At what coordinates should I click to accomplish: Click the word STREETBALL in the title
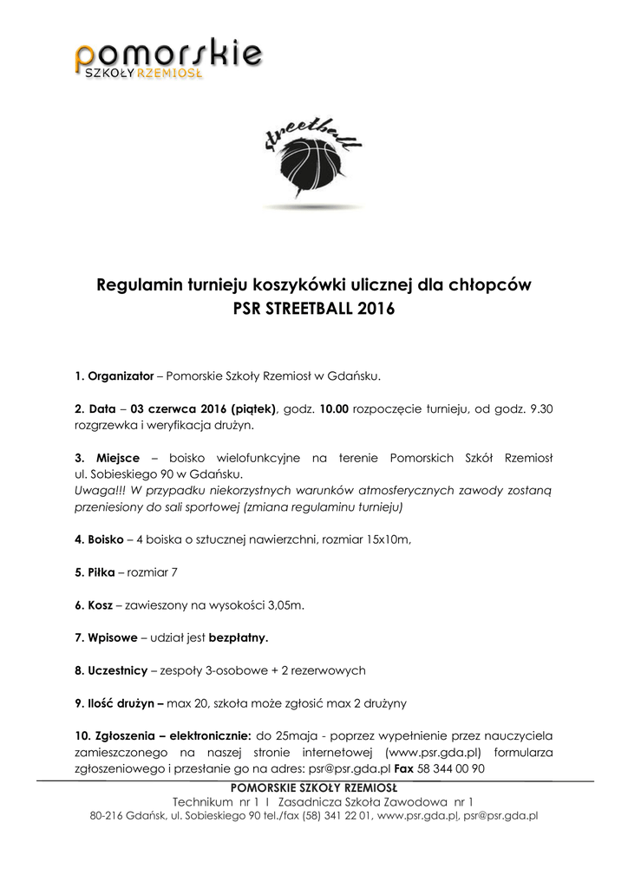click(x=305, y=308)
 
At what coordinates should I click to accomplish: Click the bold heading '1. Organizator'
click(x=114, y=376)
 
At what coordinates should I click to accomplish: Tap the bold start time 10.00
click(x=334, y=408)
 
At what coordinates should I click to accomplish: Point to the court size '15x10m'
click(x=388, y=539)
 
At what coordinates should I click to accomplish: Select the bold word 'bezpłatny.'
click(x=239, y=637)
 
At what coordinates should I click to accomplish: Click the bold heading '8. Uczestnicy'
click(x=110, y=669)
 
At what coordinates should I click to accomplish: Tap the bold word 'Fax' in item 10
click(x=404, y=767)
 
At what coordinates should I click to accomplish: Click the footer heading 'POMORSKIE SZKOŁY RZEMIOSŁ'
click(x=313, y=787)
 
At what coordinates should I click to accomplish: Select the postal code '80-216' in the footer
click(x=106, y=815)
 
